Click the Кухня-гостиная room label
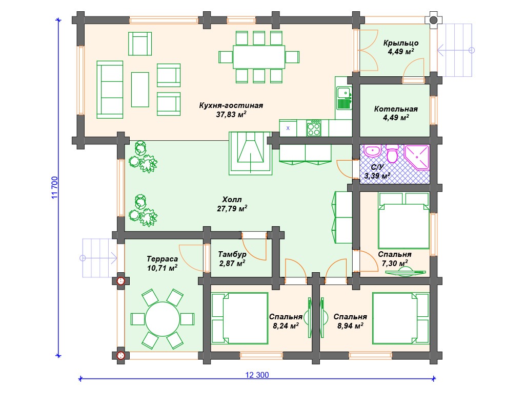click(231, 105)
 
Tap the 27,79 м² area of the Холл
click(232, 209)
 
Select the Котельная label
click(396, 109)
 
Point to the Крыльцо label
click(401, 43)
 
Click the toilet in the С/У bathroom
click(392, 153)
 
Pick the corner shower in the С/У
click(417, 158)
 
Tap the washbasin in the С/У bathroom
click(372, 151)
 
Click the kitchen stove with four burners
click(314, 128)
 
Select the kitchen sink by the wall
click(344, 98)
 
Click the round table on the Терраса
click(161, 319)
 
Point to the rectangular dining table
click(259, 57)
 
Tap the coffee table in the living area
click(140, 90)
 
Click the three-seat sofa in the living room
click(110, 90)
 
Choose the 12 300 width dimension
click(257, 375)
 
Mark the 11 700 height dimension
click(54, 187)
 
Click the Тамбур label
click(232, 254)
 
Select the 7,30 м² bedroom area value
click(395, 263)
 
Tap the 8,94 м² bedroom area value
click(350, 326)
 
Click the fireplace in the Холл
click(250, 153)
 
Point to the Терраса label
click(162, 259)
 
